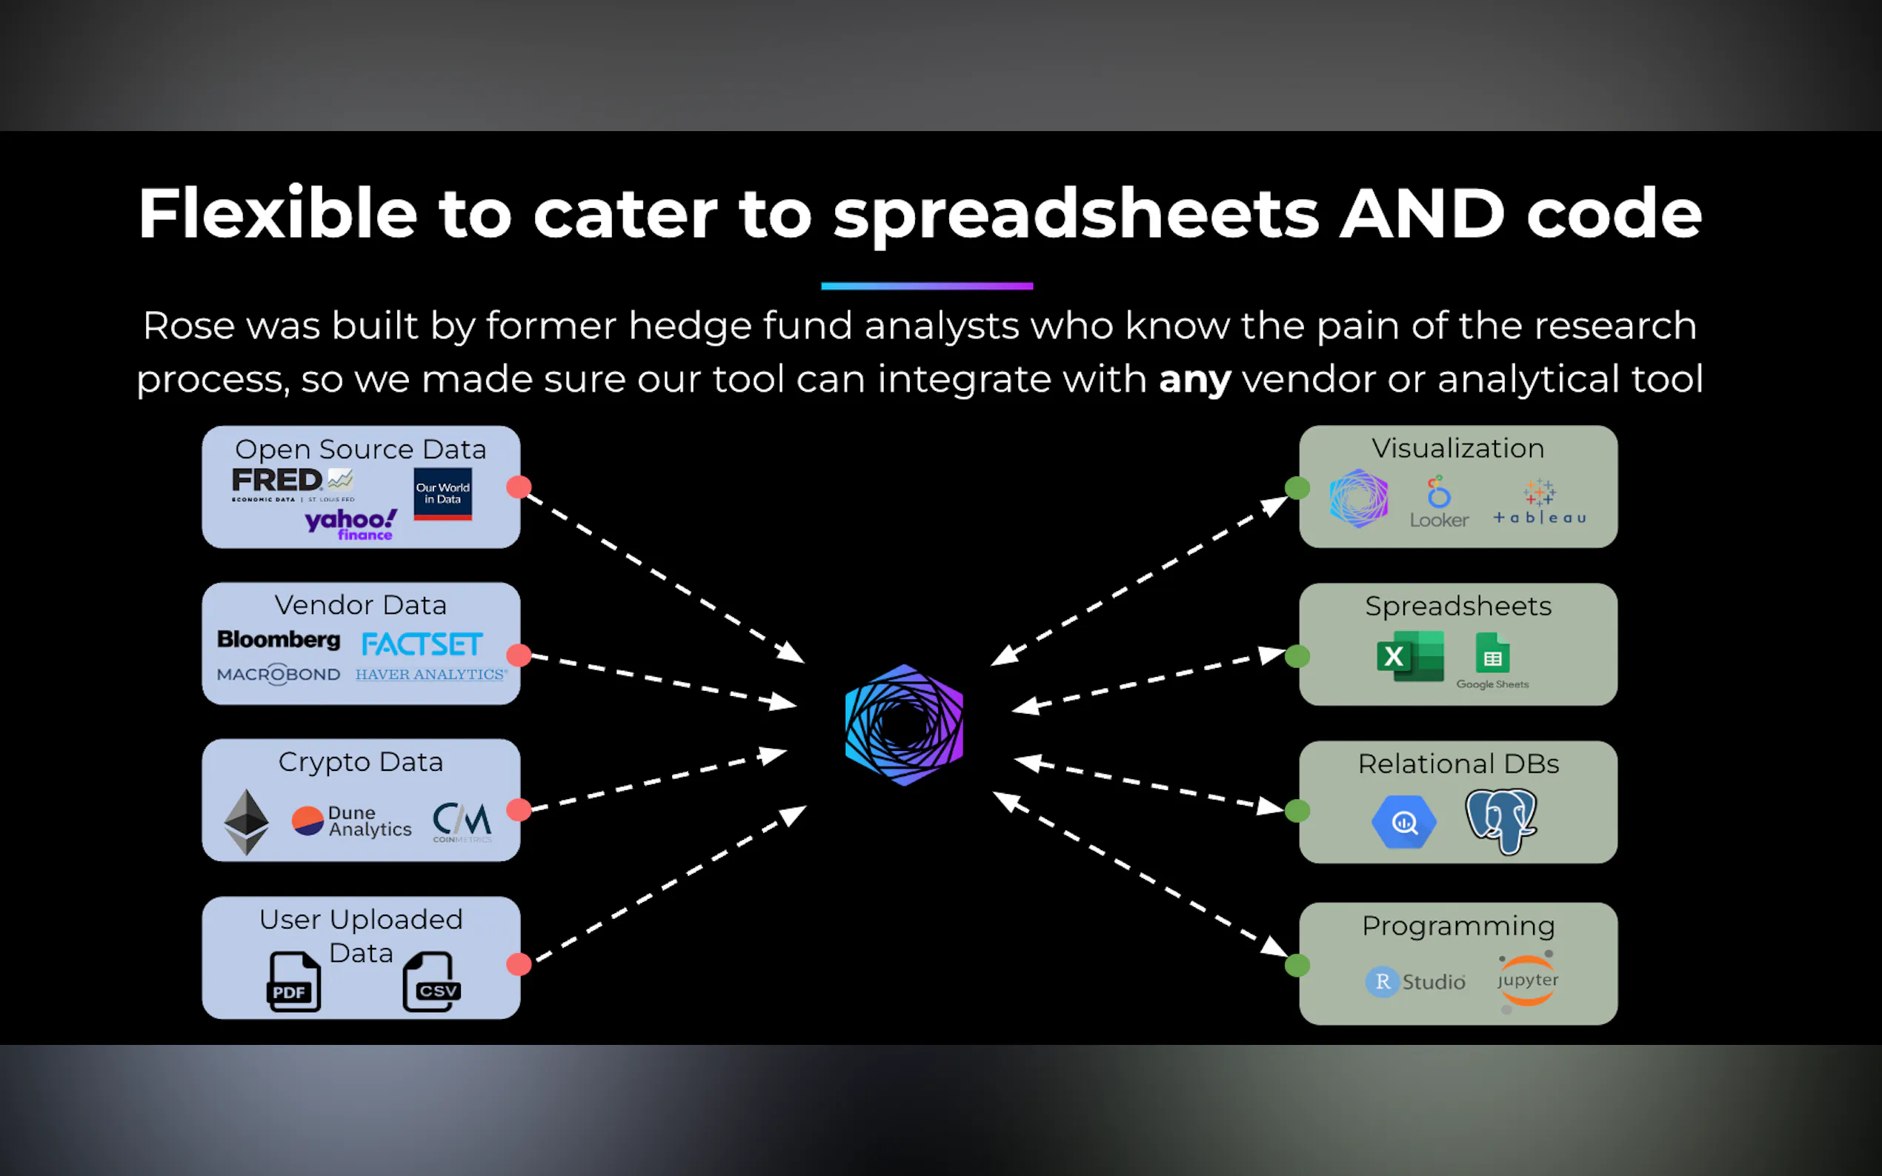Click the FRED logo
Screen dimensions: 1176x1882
point(292,483)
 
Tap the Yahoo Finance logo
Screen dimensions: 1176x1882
point(351,524)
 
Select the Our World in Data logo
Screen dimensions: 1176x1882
point(442,494)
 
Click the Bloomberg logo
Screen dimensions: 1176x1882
point(279,639)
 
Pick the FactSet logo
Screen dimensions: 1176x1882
point(422,644)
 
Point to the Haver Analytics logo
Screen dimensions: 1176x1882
point(431,675)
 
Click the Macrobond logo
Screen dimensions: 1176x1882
point(279,675)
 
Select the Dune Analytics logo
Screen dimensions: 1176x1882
point(352,821)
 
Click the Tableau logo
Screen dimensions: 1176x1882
point(1540,502)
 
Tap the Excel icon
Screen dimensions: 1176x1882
point(1410,656)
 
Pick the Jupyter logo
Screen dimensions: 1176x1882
point(1527,980)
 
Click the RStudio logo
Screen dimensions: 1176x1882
point(1415,981)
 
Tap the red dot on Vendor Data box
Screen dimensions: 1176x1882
point(519,655)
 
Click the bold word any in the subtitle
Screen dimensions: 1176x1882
point(1194,380)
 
